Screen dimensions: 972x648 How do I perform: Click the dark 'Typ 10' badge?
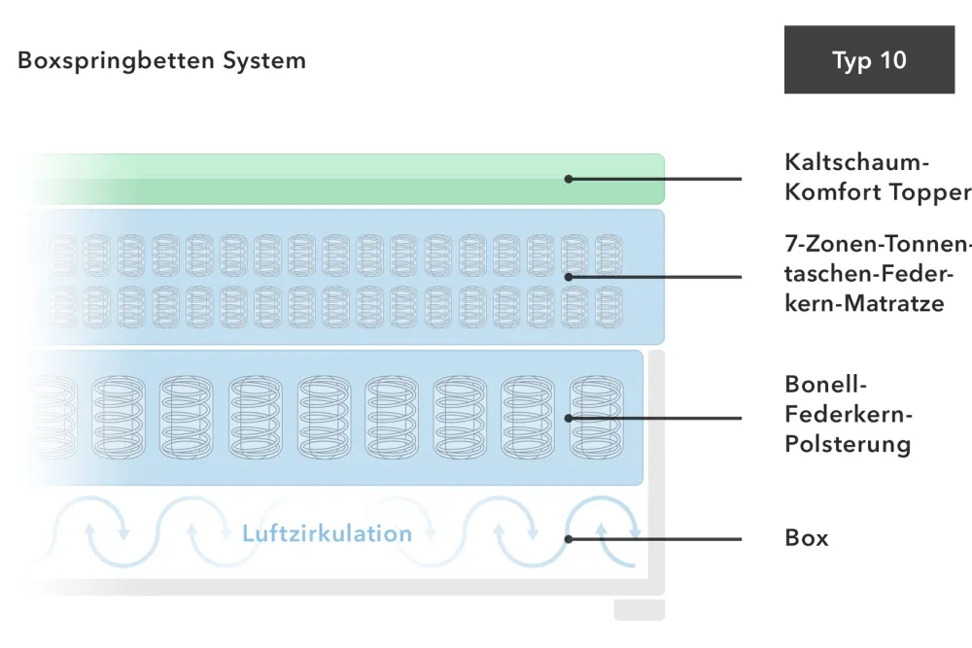(x=869, y=59)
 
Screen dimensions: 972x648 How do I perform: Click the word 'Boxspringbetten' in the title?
(x=116, y=61)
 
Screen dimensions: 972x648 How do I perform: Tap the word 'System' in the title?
(x=264, y=60)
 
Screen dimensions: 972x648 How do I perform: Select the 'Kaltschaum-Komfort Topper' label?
(x=877, y=177)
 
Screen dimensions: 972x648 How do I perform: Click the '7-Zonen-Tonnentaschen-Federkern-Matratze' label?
(x=877, y=273)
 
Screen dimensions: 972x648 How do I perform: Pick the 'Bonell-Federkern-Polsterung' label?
(x=848, y=414)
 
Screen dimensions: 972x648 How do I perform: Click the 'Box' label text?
(x=807, y=537)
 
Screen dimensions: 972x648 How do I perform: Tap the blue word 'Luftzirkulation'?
(x=327, y=533)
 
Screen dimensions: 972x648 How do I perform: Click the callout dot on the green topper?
(x=569, y=179)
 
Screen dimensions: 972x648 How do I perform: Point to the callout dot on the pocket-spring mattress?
(x=569, y=277)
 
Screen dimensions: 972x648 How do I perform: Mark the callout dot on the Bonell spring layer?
(x=569, y=418)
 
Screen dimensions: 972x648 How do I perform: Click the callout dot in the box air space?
(x=569, y=539)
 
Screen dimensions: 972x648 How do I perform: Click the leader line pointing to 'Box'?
(x=655, y=539)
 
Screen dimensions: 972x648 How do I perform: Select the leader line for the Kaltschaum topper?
(x=655, y=179)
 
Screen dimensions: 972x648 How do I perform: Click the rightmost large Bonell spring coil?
(x=596, y=418)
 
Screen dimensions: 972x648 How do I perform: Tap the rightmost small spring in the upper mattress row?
(x=608, y=256)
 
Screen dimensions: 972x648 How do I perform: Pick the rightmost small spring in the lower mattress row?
(x=608, y=307)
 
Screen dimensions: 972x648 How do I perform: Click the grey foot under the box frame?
(x=640, y=609)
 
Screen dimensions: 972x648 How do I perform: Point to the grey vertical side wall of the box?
(x=656, y=471)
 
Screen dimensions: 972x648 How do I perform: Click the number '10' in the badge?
(x=892, y=60)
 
